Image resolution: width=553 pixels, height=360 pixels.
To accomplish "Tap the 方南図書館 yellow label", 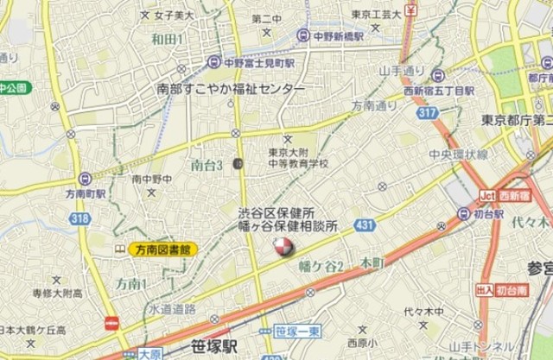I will pos(163,249).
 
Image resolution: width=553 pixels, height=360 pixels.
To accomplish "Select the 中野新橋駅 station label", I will pos(333,35).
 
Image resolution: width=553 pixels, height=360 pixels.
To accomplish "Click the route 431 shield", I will pos(364,225).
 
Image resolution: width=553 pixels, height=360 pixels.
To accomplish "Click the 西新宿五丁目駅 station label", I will pos(464,91).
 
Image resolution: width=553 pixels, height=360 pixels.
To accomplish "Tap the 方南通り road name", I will pos(373,105).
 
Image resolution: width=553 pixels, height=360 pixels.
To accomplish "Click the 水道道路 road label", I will pos(171,308).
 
